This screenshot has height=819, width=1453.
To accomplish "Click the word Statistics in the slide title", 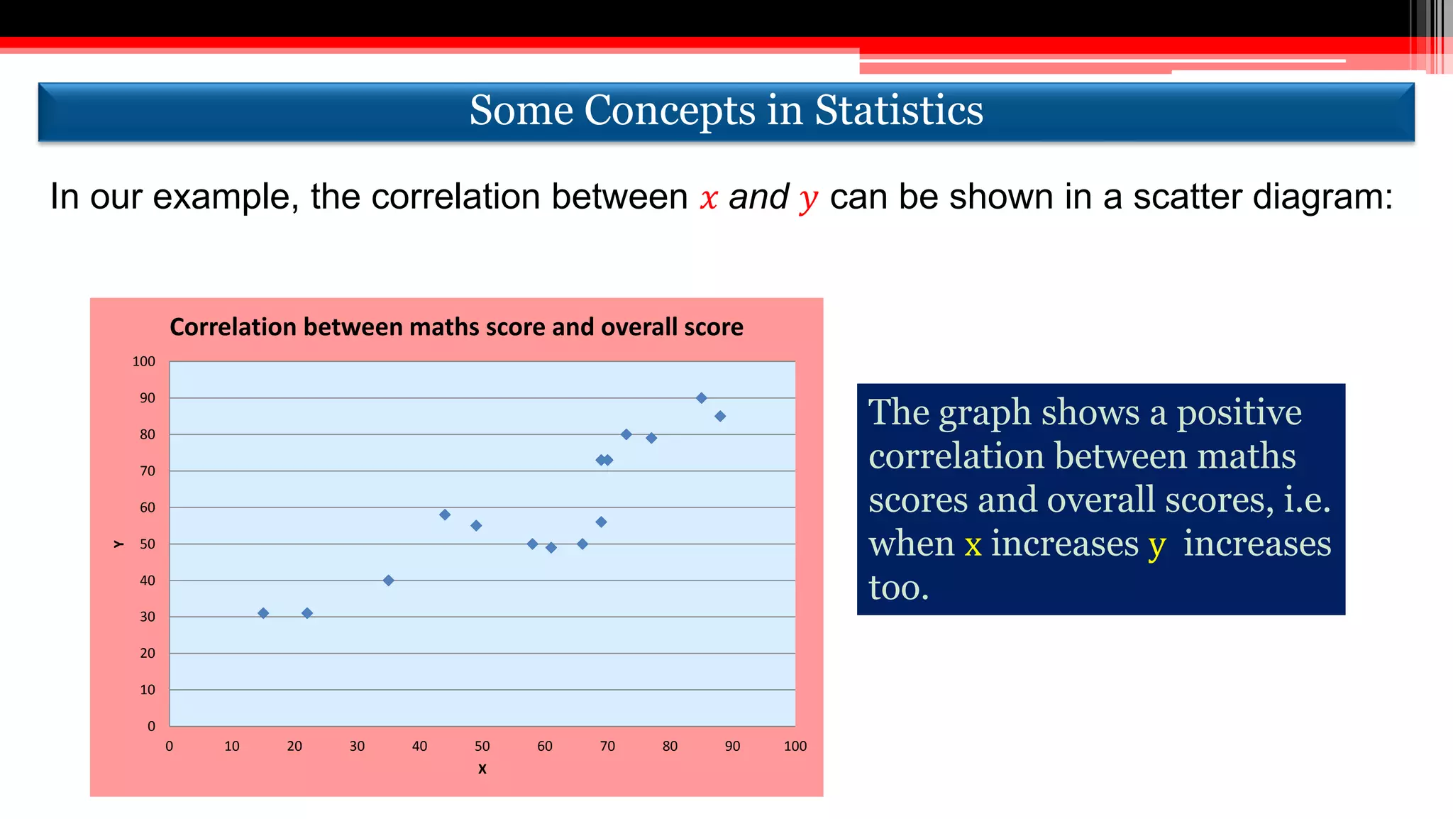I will [899, 111].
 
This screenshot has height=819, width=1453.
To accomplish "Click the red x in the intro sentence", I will [709, 198].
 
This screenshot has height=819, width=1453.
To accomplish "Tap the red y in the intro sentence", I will [807, 199].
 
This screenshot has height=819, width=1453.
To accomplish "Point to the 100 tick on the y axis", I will [143, 361].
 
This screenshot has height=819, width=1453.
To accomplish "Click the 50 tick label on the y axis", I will [147, 544].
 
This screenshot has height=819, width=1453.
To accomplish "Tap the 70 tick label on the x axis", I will [607, 746].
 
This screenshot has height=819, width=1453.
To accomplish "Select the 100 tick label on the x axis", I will [795, 746].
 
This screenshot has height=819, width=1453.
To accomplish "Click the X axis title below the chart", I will [482, 769].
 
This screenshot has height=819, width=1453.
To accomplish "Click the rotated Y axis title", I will [118, 544].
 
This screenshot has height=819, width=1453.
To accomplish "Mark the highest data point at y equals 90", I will [701, 398].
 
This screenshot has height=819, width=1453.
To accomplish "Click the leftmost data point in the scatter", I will [263, 613].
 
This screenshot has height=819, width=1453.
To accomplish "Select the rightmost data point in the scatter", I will [720, 417].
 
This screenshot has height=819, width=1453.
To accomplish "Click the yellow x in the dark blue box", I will [973, 544].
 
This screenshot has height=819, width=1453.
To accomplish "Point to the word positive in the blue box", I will [1239, 412].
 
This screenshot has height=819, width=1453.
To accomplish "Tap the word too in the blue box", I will [898, 588].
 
